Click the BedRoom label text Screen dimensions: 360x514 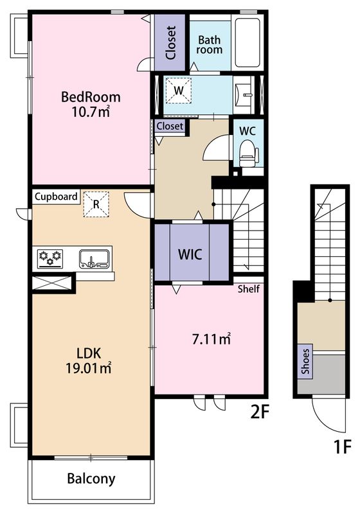pos(91,97)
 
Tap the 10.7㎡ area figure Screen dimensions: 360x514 pos(91,112)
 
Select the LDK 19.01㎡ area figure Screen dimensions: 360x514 pos(89,368)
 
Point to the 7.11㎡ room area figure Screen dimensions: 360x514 pos(211,339)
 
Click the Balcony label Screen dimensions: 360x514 pos(91,479)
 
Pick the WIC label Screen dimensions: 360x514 pos(190,254)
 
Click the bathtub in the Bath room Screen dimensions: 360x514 pos(248,42)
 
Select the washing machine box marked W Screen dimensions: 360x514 pos(178,90)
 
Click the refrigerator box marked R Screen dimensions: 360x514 pos(96,204)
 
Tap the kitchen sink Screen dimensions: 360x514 pos(94,259)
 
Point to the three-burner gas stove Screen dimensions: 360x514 pos(50,259)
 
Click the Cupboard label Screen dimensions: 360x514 pos(56,197)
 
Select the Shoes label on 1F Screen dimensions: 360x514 pos(305,361)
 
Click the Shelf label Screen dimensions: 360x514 pos(249,288)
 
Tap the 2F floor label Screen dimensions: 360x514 pos(260,412)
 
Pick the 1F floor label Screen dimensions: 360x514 pos(342,447)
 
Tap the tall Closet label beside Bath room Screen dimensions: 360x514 pos(171,42)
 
